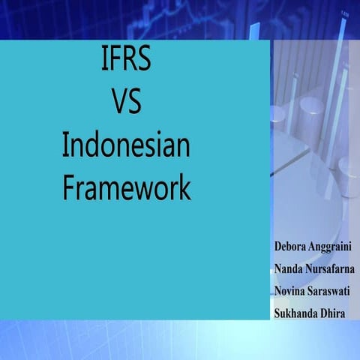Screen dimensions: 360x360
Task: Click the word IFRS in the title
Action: coord(126,59)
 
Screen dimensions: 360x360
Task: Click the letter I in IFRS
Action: coord(103,59)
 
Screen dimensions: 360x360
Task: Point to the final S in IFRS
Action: coord(145,59)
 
